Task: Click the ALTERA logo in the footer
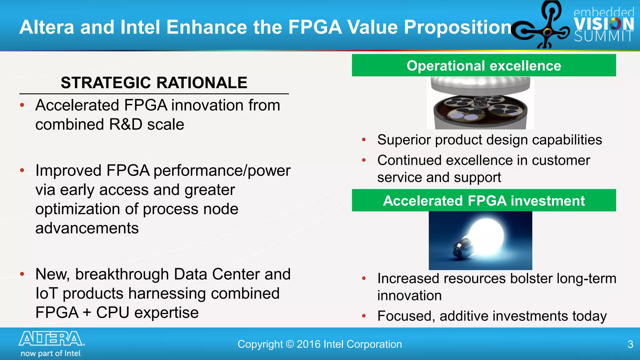pyautogui.click(x=52, y=339)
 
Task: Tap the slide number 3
pyautogui.click(x=630, y=344)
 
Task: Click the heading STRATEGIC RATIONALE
pyautogui.click(x=154, y=83)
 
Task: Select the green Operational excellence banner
pyautogui.click(x=484, y=66)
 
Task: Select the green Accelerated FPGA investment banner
pyautogui.click(x=484, y=201)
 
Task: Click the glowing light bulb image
pyautogui.click(x=480, y=240)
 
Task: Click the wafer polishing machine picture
pyautogui.click(x=480, y=103)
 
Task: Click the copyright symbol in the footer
pyautogui.click(x=290, y=344)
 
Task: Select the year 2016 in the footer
pyautogui.click(x=309, y=344)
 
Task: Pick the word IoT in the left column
pyautogui.click(x=47, y=293)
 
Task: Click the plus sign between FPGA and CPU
pyautogui.click(x=87, y=313)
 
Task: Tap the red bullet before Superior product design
pyautogui.click(x=364, y=140)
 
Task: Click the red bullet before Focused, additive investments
pyautogui.click(x=364, y=316)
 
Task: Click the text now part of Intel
pyautogui.click(x=51, y=353)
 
